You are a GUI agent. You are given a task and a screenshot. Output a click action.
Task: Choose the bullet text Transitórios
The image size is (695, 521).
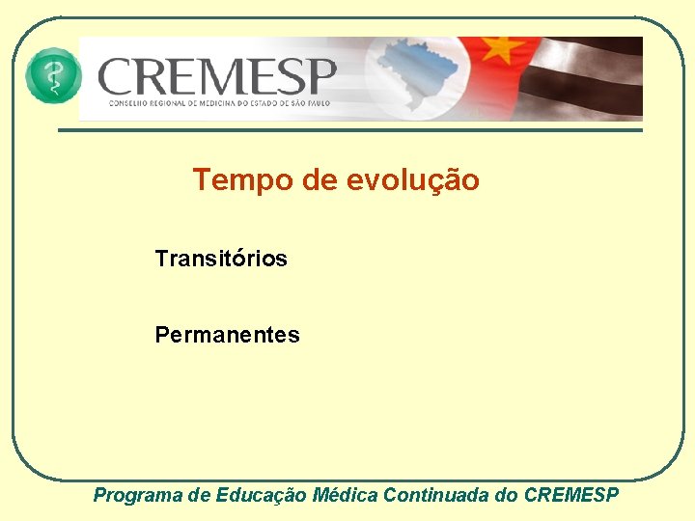221,259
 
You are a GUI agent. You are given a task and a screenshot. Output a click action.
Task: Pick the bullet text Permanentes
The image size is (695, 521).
227,335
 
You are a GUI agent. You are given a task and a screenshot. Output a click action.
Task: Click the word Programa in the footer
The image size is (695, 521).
137,495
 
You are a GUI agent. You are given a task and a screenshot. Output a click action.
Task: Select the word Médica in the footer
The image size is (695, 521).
346,495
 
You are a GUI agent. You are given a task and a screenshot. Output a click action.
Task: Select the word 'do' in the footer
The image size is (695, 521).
505,495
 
